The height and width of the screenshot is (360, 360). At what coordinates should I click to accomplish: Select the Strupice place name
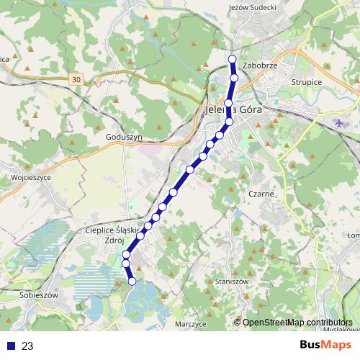[307, 82]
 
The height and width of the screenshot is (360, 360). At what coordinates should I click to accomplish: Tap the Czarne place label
[259, 194]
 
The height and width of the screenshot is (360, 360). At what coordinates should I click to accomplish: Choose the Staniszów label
[232, 281]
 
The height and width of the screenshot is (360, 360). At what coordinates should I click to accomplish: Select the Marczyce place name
[191, 325]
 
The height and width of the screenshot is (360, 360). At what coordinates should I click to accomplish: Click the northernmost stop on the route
[232, 60]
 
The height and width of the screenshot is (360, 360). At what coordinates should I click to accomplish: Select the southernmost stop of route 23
[132, 282]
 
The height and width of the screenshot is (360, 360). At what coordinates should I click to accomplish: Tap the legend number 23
[28, 346]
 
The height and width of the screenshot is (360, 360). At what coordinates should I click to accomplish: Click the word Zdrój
[114, 240]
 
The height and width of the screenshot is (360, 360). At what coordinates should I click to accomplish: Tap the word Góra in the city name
[248, 111]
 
